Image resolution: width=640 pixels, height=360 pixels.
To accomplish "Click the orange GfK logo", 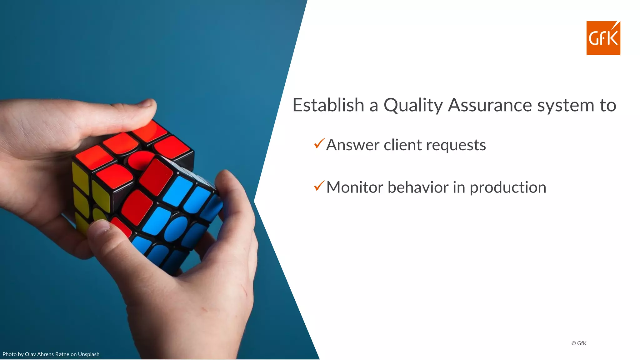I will tap(603, 38).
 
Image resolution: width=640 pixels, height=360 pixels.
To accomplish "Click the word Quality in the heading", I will tap(413, 105).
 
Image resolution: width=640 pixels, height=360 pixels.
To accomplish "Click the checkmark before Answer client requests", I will tap(319, 143).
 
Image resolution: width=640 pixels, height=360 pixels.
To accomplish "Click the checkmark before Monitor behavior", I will tap(319, 186).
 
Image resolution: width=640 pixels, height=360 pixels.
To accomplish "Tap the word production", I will tap(508, 188).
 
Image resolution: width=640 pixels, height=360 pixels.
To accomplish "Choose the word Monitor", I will tap(354, 187).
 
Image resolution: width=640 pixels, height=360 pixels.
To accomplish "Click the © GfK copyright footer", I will tap(579, 343).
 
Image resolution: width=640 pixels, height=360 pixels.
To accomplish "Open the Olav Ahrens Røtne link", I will tap(47, 354).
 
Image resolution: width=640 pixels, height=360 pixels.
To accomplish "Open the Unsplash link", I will tap(88, 354).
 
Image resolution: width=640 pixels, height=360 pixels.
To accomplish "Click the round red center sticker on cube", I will tap(140, 160).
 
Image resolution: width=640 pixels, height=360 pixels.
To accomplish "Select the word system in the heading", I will tap(565, 105).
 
